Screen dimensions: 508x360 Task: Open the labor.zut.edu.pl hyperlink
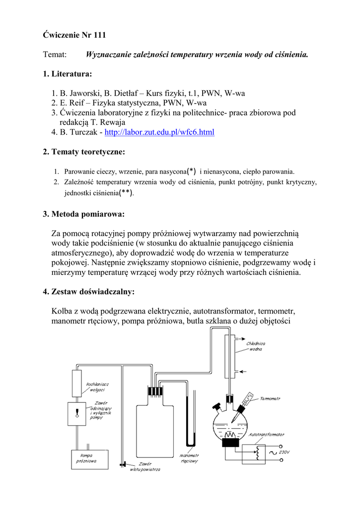coord(160,132)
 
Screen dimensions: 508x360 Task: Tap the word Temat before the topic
coord(55,55)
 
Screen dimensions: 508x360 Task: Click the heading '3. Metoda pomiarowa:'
coord(83,214)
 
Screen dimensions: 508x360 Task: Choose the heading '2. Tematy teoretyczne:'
coord(84,151)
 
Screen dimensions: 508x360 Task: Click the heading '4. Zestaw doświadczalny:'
coord(89,292)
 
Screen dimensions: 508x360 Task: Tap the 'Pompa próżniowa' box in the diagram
coord(88,458)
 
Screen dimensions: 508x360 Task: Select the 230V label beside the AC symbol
coord(284,452)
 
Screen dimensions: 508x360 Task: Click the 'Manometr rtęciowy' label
coord(190,458)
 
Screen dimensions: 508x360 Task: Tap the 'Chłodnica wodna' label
coord(256,346)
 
